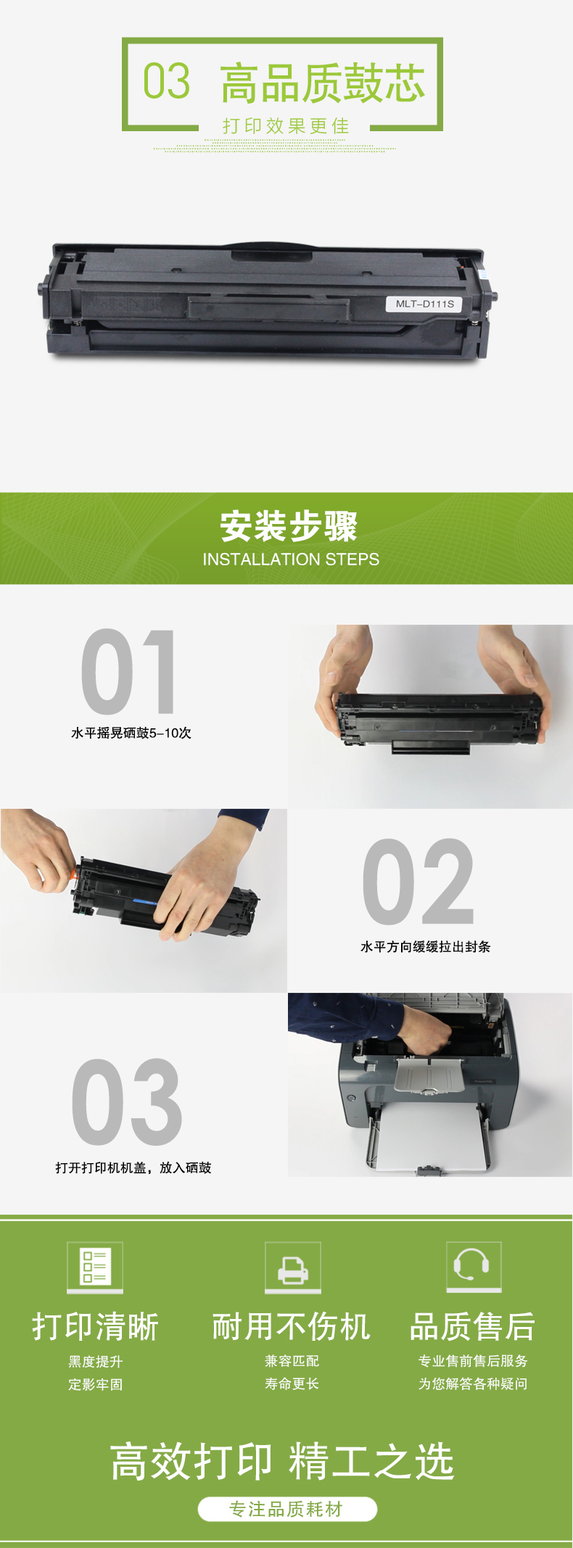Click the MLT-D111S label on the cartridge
tap(424, 304)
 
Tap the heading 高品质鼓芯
tap(323, 83)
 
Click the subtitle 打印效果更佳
tap(286, 126)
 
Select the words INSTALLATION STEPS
tap(291, 559)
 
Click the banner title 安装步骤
tap(289, 526)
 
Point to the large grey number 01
tap(129, 672)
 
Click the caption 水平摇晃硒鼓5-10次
tap(131, 733)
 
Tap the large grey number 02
tap(419, 881)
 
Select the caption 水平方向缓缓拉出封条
tap(426, 946)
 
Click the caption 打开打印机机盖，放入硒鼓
tap(133, 1168)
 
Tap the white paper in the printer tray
tap(428, 1138)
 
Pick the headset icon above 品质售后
tap(474, 1265)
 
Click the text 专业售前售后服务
tap(473, 1361)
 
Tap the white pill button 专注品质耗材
tap(287, 1509)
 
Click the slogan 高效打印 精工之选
tap(282, 1461)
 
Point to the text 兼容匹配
tap(292, 1361)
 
